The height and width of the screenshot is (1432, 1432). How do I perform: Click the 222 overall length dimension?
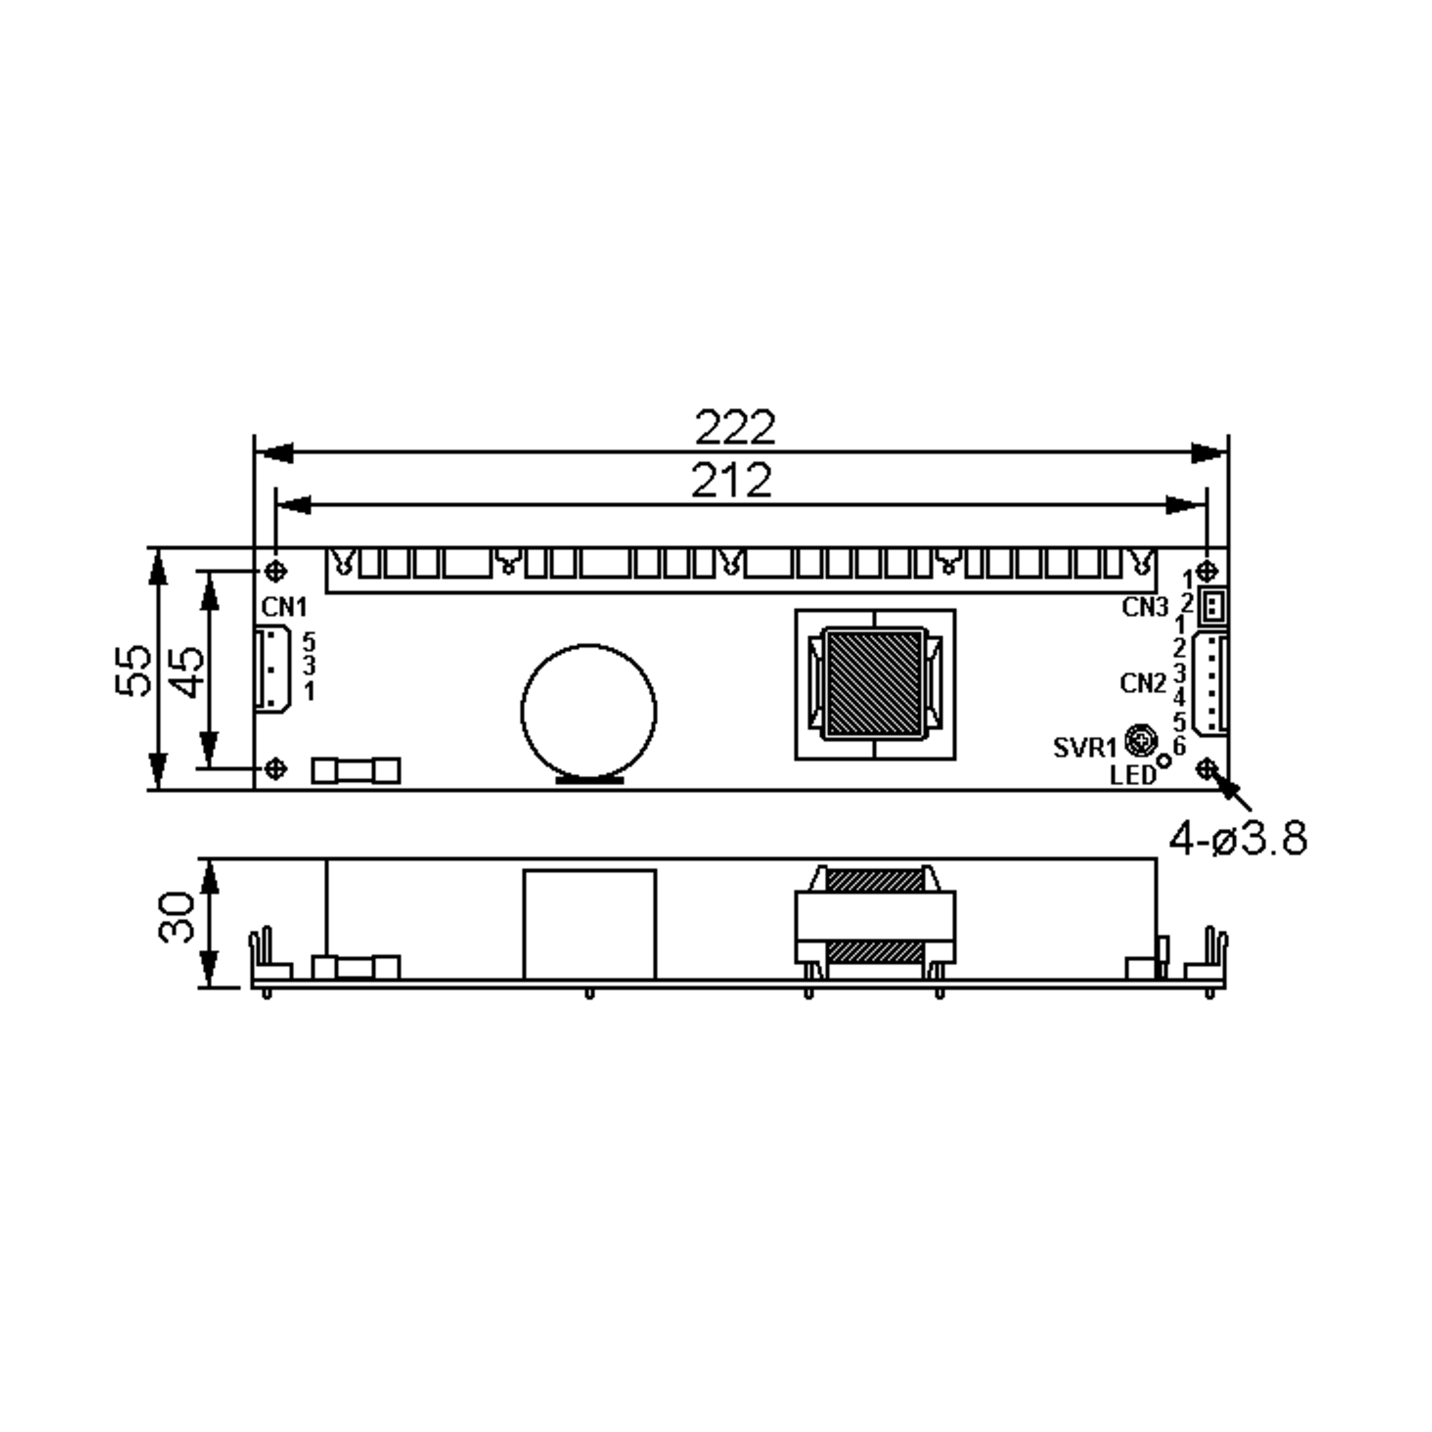(734, 428)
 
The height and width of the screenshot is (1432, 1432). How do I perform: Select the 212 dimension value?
(731, 480)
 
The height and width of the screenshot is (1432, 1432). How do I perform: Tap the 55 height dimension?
(134, 670)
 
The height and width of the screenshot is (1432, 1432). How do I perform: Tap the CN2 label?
(1143, 683)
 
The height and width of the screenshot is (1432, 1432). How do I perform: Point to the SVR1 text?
(1084, 748)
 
